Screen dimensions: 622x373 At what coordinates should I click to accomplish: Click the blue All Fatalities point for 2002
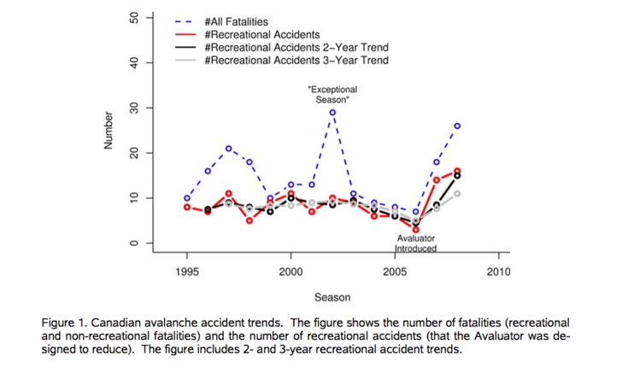[x=332, y=113]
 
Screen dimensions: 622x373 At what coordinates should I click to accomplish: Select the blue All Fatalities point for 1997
[x=228, y=149]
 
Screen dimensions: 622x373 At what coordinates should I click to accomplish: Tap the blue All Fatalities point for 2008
[x=457, y=126]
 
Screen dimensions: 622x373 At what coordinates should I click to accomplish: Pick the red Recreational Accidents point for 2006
[x=416, y=230]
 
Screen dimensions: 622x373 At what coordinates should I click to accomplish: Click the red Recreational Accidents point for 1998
[x=249, y=221]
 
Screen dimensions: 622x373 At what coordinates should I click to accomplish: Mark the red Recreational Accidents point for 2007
[x=437, y=180]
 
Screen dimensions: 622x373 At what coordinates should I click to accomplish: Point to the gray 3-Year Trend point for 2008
[x=457, y=194]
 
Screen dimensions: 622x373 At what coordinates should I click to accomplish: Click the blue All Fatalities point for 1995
[x=187, y=198]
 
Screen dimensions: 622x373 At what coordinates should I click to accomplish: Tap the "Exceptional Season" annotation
[x=332, y=95]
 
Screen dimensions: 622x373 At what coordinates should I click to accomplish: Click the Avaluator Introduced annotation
[x=416, y=243]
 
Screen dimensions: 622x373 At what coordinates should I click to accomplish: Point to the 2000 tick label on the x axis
[x=290, y=272]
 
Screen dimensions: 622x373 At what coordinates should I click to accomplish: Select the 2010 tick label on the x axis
[x=499, y=272]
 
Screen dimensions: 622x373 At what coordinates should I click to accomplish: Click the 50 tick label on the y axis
[x=134, y=17]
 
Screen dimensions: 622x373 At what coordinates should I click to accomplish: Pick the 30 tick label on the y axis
[x=134, y=108]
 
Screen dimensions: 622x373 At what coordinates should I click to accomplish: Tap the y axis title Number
[x=109, y=131]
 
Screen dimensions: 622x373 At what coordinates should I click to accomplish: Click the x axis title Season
[x=332, y=297]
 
